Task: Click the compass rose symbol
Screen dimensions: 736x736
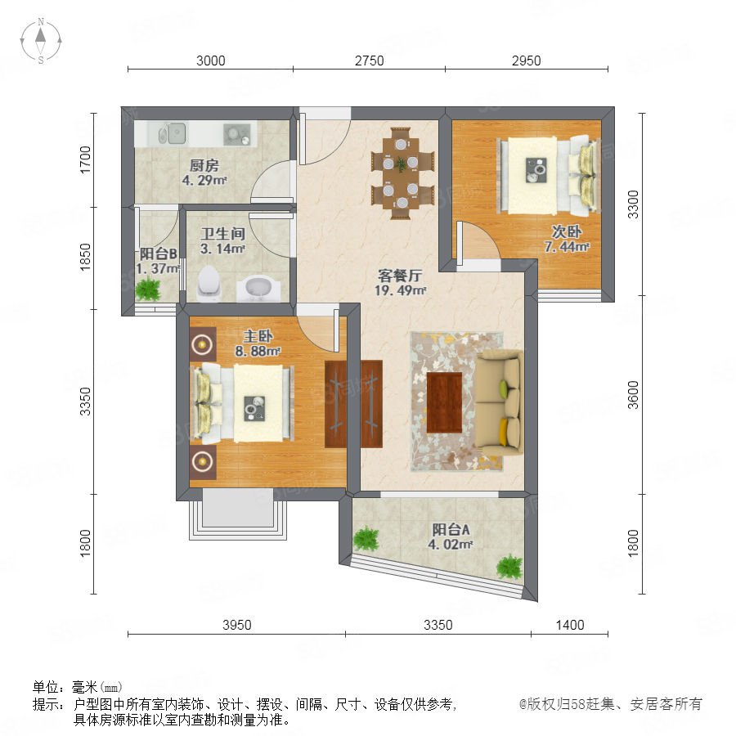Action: point(41,40)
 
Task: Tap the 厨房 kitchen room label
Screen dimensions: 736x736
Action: point(204,165)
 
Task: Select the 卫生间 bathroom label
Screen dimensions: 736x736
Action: point(223,233)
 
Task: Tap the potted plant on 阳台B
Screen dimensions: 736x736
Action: point(148,288)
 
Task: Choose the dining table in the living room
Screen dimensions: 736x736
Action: point(402,173)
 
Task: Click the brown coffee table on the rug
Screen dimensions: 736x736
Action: point(445,402)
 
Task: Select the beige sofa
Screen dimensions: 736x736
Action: point(500,402)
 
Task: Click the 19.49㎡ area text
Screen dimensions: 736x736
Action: point(400,290)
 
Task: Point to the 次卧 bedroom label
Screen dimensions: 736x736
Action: point(567,231)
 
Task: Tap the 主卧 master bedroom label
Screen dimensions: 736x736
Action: point(258,336)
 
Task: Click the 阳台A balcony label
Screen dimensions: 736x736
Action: point(451,530)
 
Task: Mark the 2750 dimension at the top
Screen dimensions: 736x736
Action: point(369,61)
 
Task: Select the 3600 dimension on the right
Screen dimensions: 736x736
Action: point(633,395)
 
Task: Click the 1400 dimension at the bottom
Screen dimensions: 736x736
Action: point(570,625)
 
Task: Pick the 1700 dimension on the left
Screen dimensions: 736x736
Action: point(85,159)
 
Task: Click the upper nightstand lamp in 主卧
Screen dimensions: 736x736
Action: point(202,344)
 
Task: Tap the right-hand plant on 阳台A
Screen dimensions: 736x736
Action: point(509,567)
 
